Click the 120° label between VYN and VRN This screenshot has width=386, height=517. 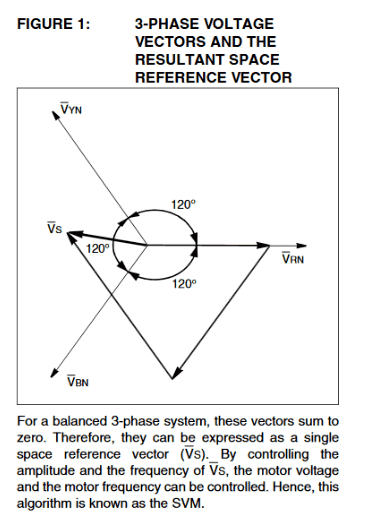(184, 205)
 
